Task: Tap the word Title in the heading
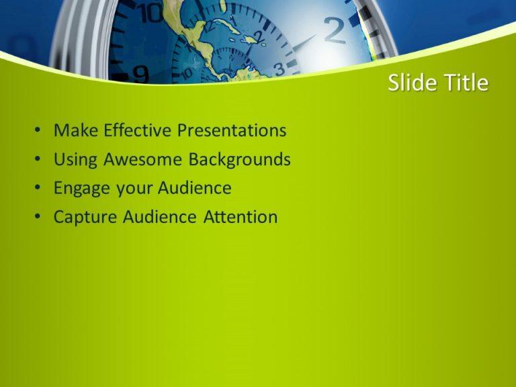pos(464,83)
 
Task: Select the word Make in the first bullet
pos(73,130)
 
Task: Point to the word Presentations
pos(232,130)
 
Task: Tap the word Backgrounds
pos(240,159)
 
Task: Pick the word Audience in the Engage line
pos(195,188)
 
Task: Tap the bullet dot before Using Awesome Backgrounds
pos(38,160)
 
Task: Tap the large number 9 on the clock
pos(141,73)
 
